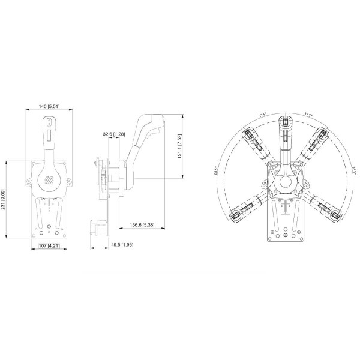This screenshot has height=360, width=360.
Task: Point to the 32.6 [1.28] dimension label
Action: (113, 133)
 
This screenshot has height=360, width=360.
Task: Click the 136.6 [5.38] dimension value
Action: (143, 225)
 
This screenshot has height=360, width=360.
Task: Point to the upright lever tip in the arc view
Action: (286, 122)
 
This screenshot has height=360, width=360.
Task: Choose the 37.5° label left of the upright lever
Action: (262, 114)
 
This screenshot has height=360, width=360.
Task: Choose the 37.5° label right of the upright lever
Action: (308, 114)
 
